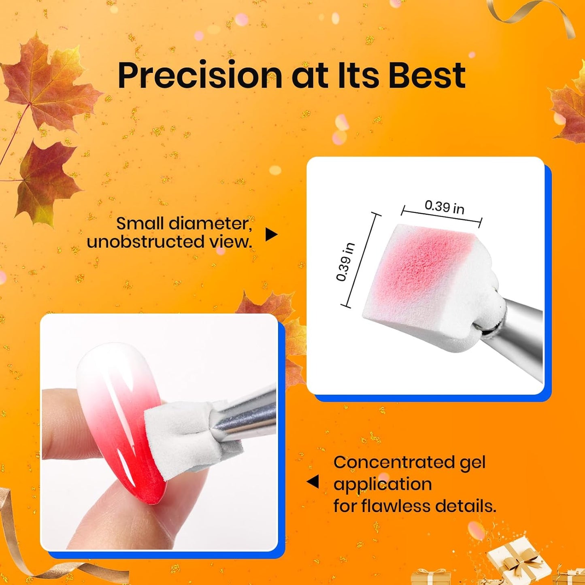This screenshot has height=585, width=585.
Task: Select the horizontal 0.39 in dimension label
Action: point(444,207)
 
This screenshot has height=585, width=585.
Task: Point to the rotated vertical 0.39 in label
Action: point(345,262)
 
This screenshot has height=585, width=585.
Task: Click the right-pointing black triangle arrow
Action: point(271,234)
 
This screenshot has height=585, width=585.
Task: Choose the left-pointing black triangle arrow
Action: point(313,482)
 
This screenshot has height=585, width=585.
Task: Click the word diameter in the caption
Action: point(210,223)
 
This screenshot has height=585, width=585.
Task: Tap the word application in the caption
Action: point(382,484)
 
